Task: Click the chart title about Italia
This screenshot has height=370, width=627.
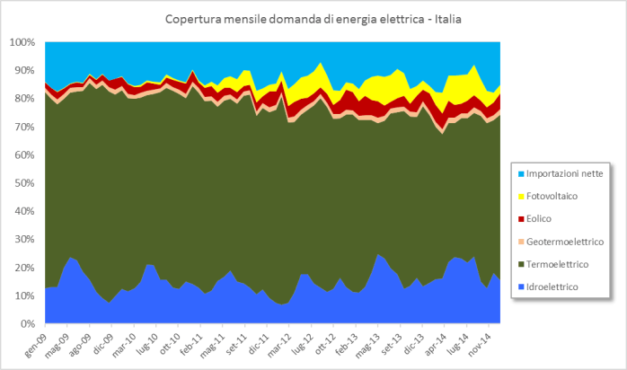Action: pos(313,19)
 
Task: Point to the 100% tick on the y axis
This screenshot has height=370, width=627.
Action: pos(22,42)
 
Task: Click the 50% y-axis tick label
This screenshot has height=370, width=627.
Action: pos(24,183)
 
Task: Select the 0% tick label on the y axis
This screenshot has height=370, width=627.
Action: pos(27,323)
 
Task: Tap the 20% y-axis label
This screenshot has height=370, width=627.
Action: pos(24,268)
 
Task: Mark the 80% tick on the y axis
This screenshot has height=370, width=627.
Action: pos(24,99)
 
